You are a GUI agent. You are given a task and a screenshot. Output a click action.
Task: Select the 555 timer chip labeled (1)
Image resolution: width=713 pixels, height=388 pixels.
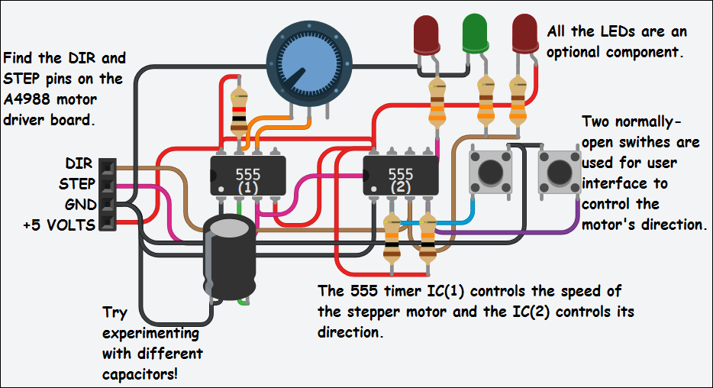pyautogui.click(x=247, y=178)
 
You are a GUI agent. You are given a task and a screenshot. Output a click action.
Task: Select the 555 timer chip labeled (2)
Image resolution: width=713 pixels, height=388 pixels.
pyautogui.click(x=400, y=178)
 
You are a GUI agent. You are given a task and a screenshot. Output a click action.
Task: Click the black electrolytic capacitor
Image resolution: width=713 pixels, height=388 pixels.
pyautogui.click(x=229, y=258)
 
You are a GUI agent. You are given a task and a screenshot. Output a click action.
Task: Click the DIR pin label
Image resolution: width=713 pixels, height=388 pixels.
pyautogui.click(x=79, y=164)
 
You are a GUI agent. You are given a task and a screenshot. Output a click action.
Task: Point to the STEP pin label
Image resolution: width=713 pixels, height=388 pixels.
pyautogui.click(x=77, y=184)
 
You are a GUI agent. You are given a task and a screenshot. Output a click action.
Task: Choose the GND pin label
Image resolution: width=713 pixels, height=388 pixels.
pyautogui.click(x=80, y=205)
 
